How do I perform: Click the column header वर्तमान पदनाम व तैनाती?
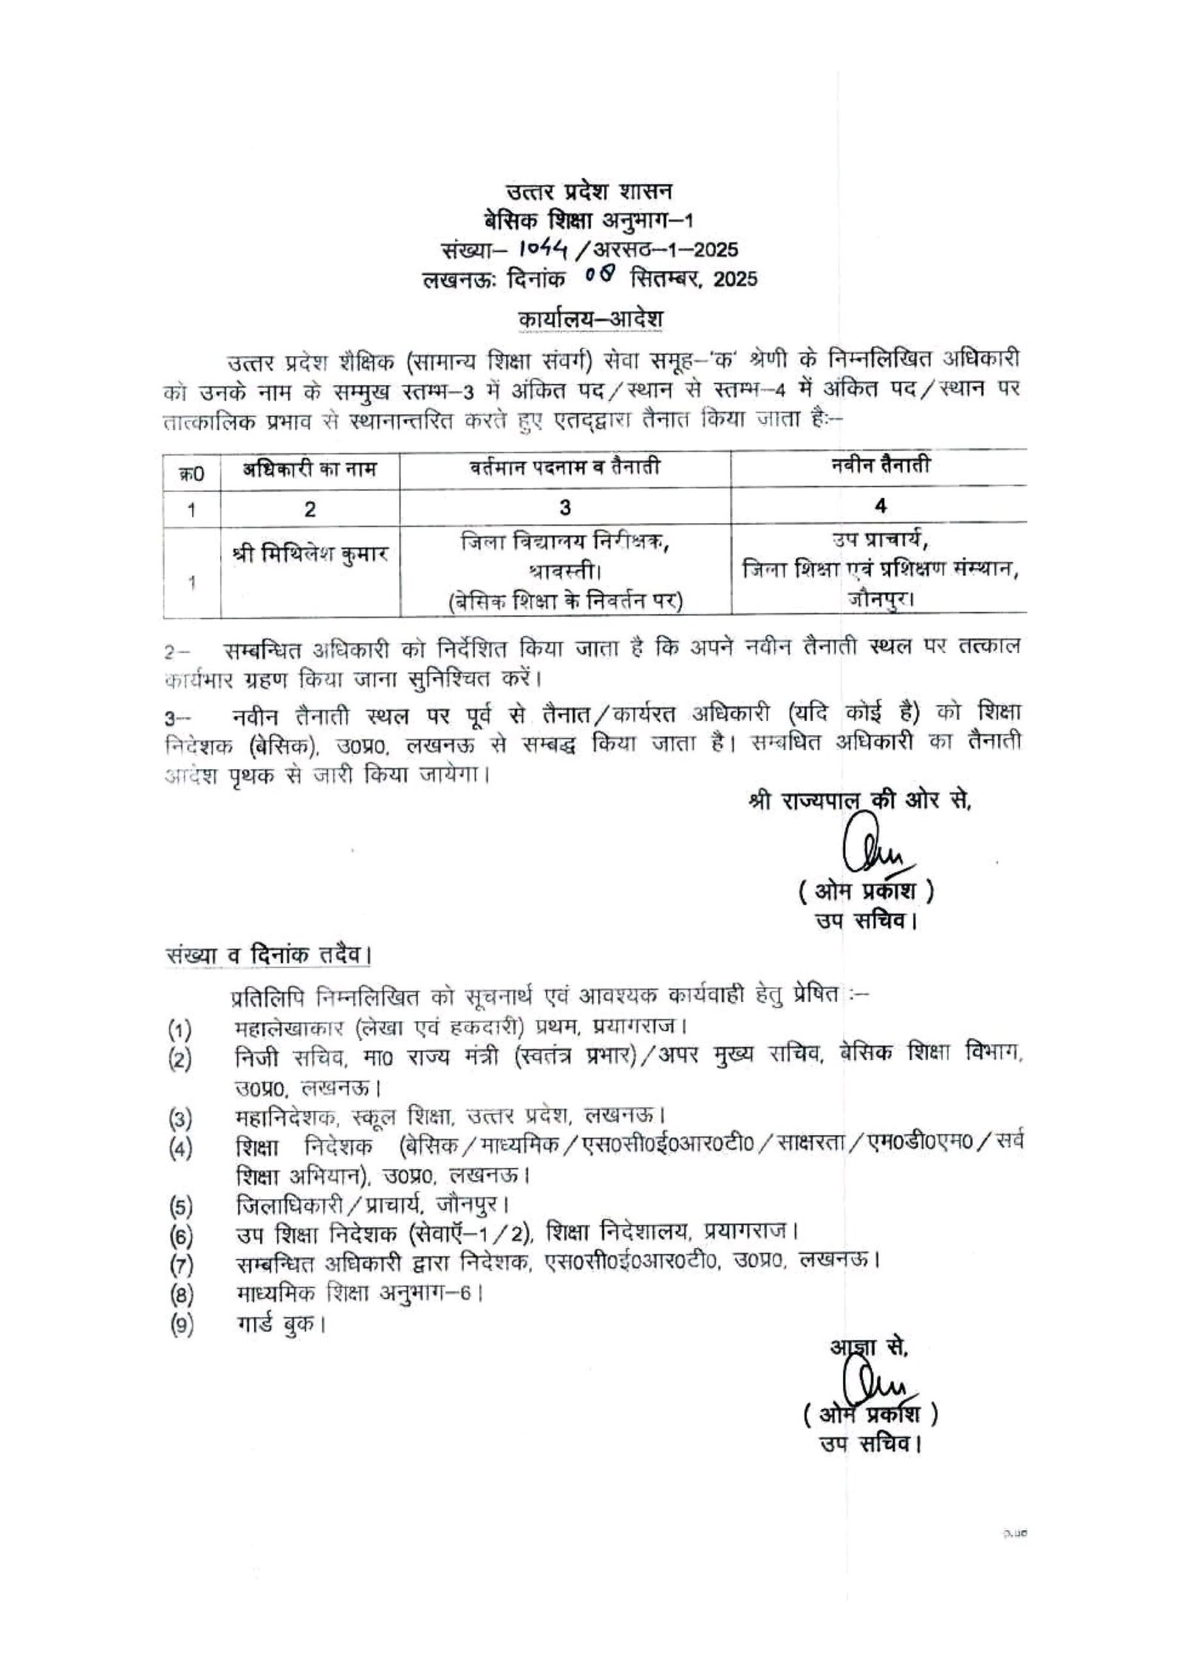click(x=565, y=468)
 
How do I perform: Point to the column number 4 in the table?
click(x=879, y=506)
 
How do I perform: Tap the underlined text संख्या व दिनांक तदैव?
click(x=267, y=956)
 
